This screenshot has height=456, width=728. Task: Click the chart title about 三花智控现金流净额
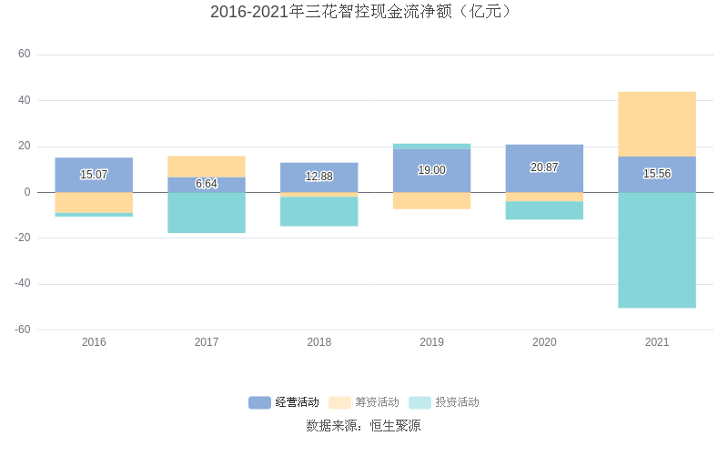(x=363, y=12)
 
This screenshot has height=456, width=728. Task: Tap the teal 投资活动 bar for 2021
(x=656, y=250)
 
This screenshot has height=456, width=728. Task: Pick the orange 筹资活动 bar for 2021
(x=656, y=124)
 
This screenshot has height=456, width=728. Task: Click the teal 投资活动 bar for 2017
(x=207, y=212)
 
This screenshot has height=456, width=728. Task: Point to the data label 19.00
(x=431, y=170)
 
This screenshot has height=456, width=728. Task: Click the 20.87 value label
(x=544, y=167)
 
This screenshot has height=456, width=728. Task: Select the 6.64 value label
(x=207, y=184)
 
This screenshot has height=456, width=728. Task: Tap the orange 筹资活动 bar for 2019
(x=431, y=200)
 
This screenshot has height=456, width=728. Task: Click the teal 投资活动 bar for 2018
(x=318, y=211)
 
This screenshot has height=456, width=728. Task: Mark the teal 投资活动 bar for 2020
(x=544, y=210)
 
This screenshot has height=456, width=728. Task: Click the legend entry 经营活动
(x=284, y=402)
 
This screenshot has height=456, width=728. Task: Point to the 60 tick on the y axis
(x=25, y=55)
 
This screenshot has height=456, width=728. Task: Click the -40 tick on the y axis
(x=22, y=283)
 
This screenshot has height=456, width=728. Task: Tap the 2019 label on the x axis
(x=431, y=342)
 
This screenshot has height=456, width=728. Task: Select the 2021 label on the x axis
(x=656, y=342)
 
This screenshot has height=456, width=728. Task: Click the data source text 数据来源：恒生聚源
(x=363, y=425)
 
